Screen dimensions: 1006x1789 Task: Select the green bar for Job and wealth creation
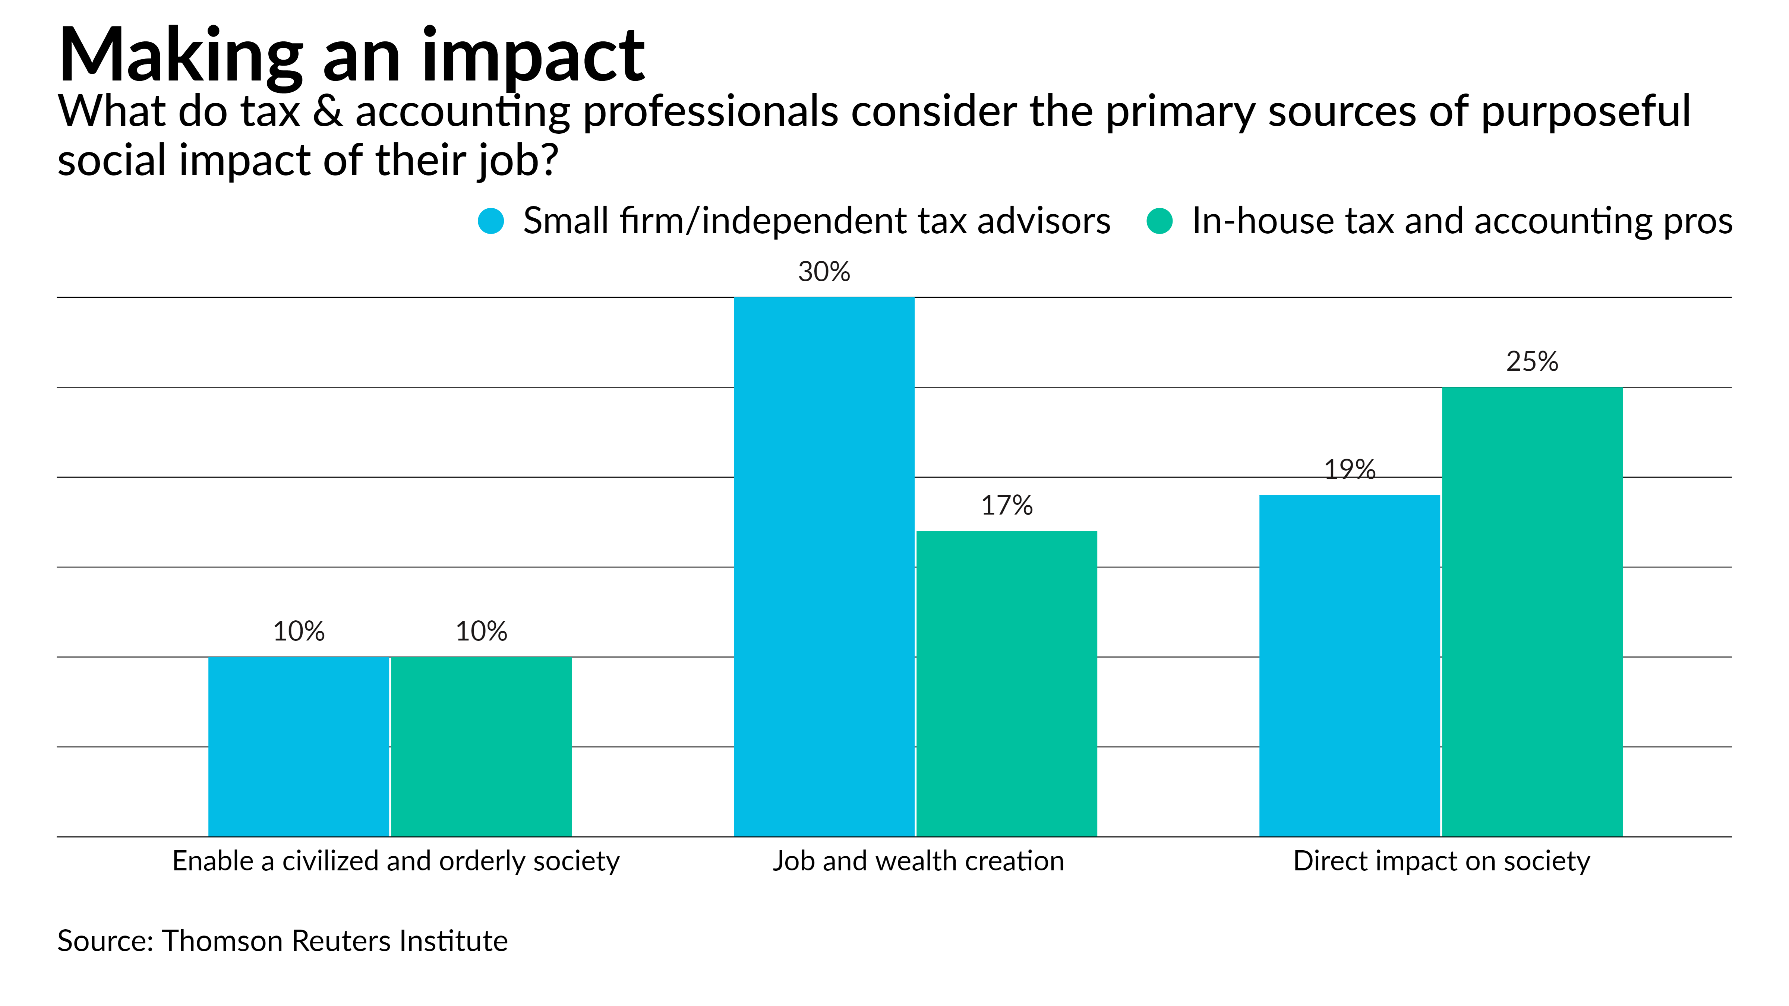1006,683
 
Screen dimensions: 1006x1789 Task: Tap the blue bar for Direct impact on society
1349,665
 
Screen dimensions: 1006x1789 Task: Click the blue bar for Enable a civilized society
299,746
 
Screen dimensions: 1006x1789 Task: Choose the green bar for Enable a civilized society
481,746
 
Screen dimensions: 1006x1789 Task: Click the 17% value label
1006,506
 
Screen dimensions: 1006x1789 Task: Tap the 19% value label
1349,469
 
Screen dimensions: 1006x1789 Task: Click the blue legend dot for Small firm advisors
491,221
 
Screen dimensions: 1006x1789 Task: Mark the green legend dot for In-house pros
1159,221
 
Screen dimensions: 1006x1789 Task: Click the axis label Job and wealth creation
918,861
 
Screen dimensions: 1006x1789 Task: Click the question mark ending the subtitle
549,160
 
